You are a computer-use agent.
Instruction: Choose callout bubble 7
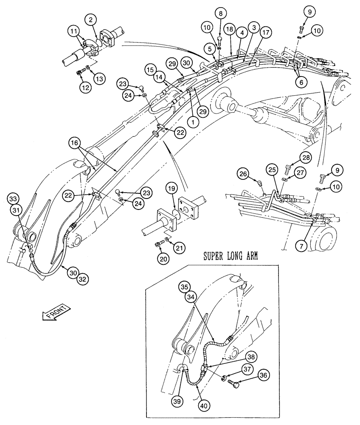click(x=302, y=246)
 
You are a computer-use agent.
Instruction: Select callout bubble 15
click(x=149, y=69)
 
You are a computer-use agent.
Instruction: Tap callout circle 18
click(x=230, y=28)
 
